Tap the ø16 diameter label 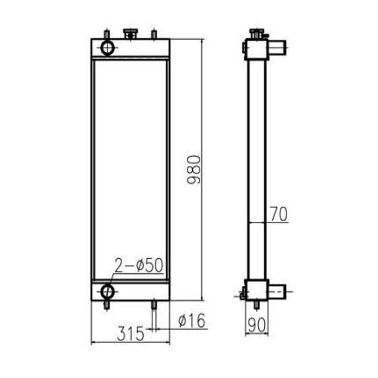pos(192,321)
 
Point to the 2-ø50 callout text pos(139,265)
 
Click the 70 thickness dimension pos(278,214)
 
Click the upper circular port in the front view pos(108,47)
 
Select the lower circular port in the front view pos(108,291)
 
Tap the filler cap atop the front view pos(130,34)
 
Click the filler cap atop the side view pos(255,33)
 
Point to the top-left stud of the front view pos(107,34)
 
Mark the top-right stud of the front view pos(154,34)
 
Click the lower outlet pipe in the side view pos(276,290)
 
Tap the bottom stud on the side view pos(257,305)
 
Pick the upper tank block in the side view pos(256,49)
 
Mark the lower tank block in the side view pos(256,290)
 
